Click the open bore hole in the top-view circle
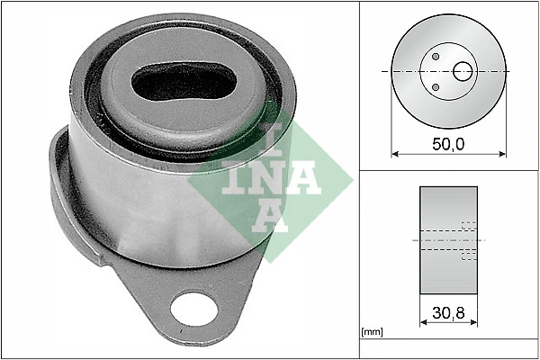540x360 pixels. pyautogui.click(x=464, y=70)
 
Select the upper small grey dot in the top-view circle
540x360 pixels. pyautogui.click(x=436, y=57)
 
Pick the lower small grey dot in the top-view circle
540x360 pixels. pyautogui.click(x=436, y=86)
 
